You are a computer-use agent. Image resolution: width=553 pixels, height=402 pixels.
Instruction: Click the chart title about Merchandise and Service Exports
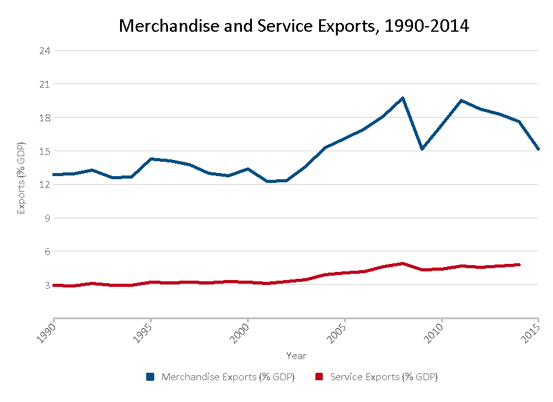(x=294, y=26)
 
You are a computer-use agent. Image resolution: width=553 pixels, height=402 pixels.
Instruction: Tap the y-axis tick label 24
(x=44, y=50)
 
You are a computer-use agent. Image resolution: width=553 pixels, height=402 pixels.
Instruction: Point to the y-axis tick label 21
(x=44, y=84)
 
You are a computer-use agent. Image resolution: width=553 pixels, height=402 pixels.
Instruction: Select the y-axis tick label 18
(x=44, y=118)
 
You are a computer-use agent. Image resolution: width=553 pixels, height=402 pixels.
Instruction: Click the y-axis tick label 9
(x=45, y=218)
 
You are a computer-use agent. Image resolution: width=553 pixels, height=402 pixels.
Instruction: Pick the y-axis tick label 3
(x=45, y=285)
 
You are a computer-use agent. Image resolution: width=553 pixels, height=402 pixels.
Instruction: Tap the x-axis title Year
(x=296, y=356)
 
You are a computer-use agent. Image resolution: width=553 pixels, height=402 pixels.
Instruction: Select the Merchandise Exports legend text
(x=228, y=377)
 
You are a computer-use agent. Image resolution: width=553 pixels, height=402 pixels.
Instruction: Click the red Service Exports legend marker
(x=320, y=377)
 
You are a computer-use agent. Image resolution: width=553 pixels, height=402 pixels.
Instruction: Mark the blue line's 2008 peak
(x=403, y=98)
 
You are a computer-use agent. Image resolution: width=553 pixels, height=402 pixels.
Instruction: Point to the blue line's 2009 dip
(x=422, y=149)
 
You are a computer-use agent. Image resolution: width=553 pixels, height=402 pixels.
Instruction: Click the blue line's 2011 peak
(x=461, y=100)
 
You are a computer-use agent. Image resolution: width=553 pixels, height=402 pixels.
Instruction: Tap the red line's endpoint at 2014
(x=519, y=264)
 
